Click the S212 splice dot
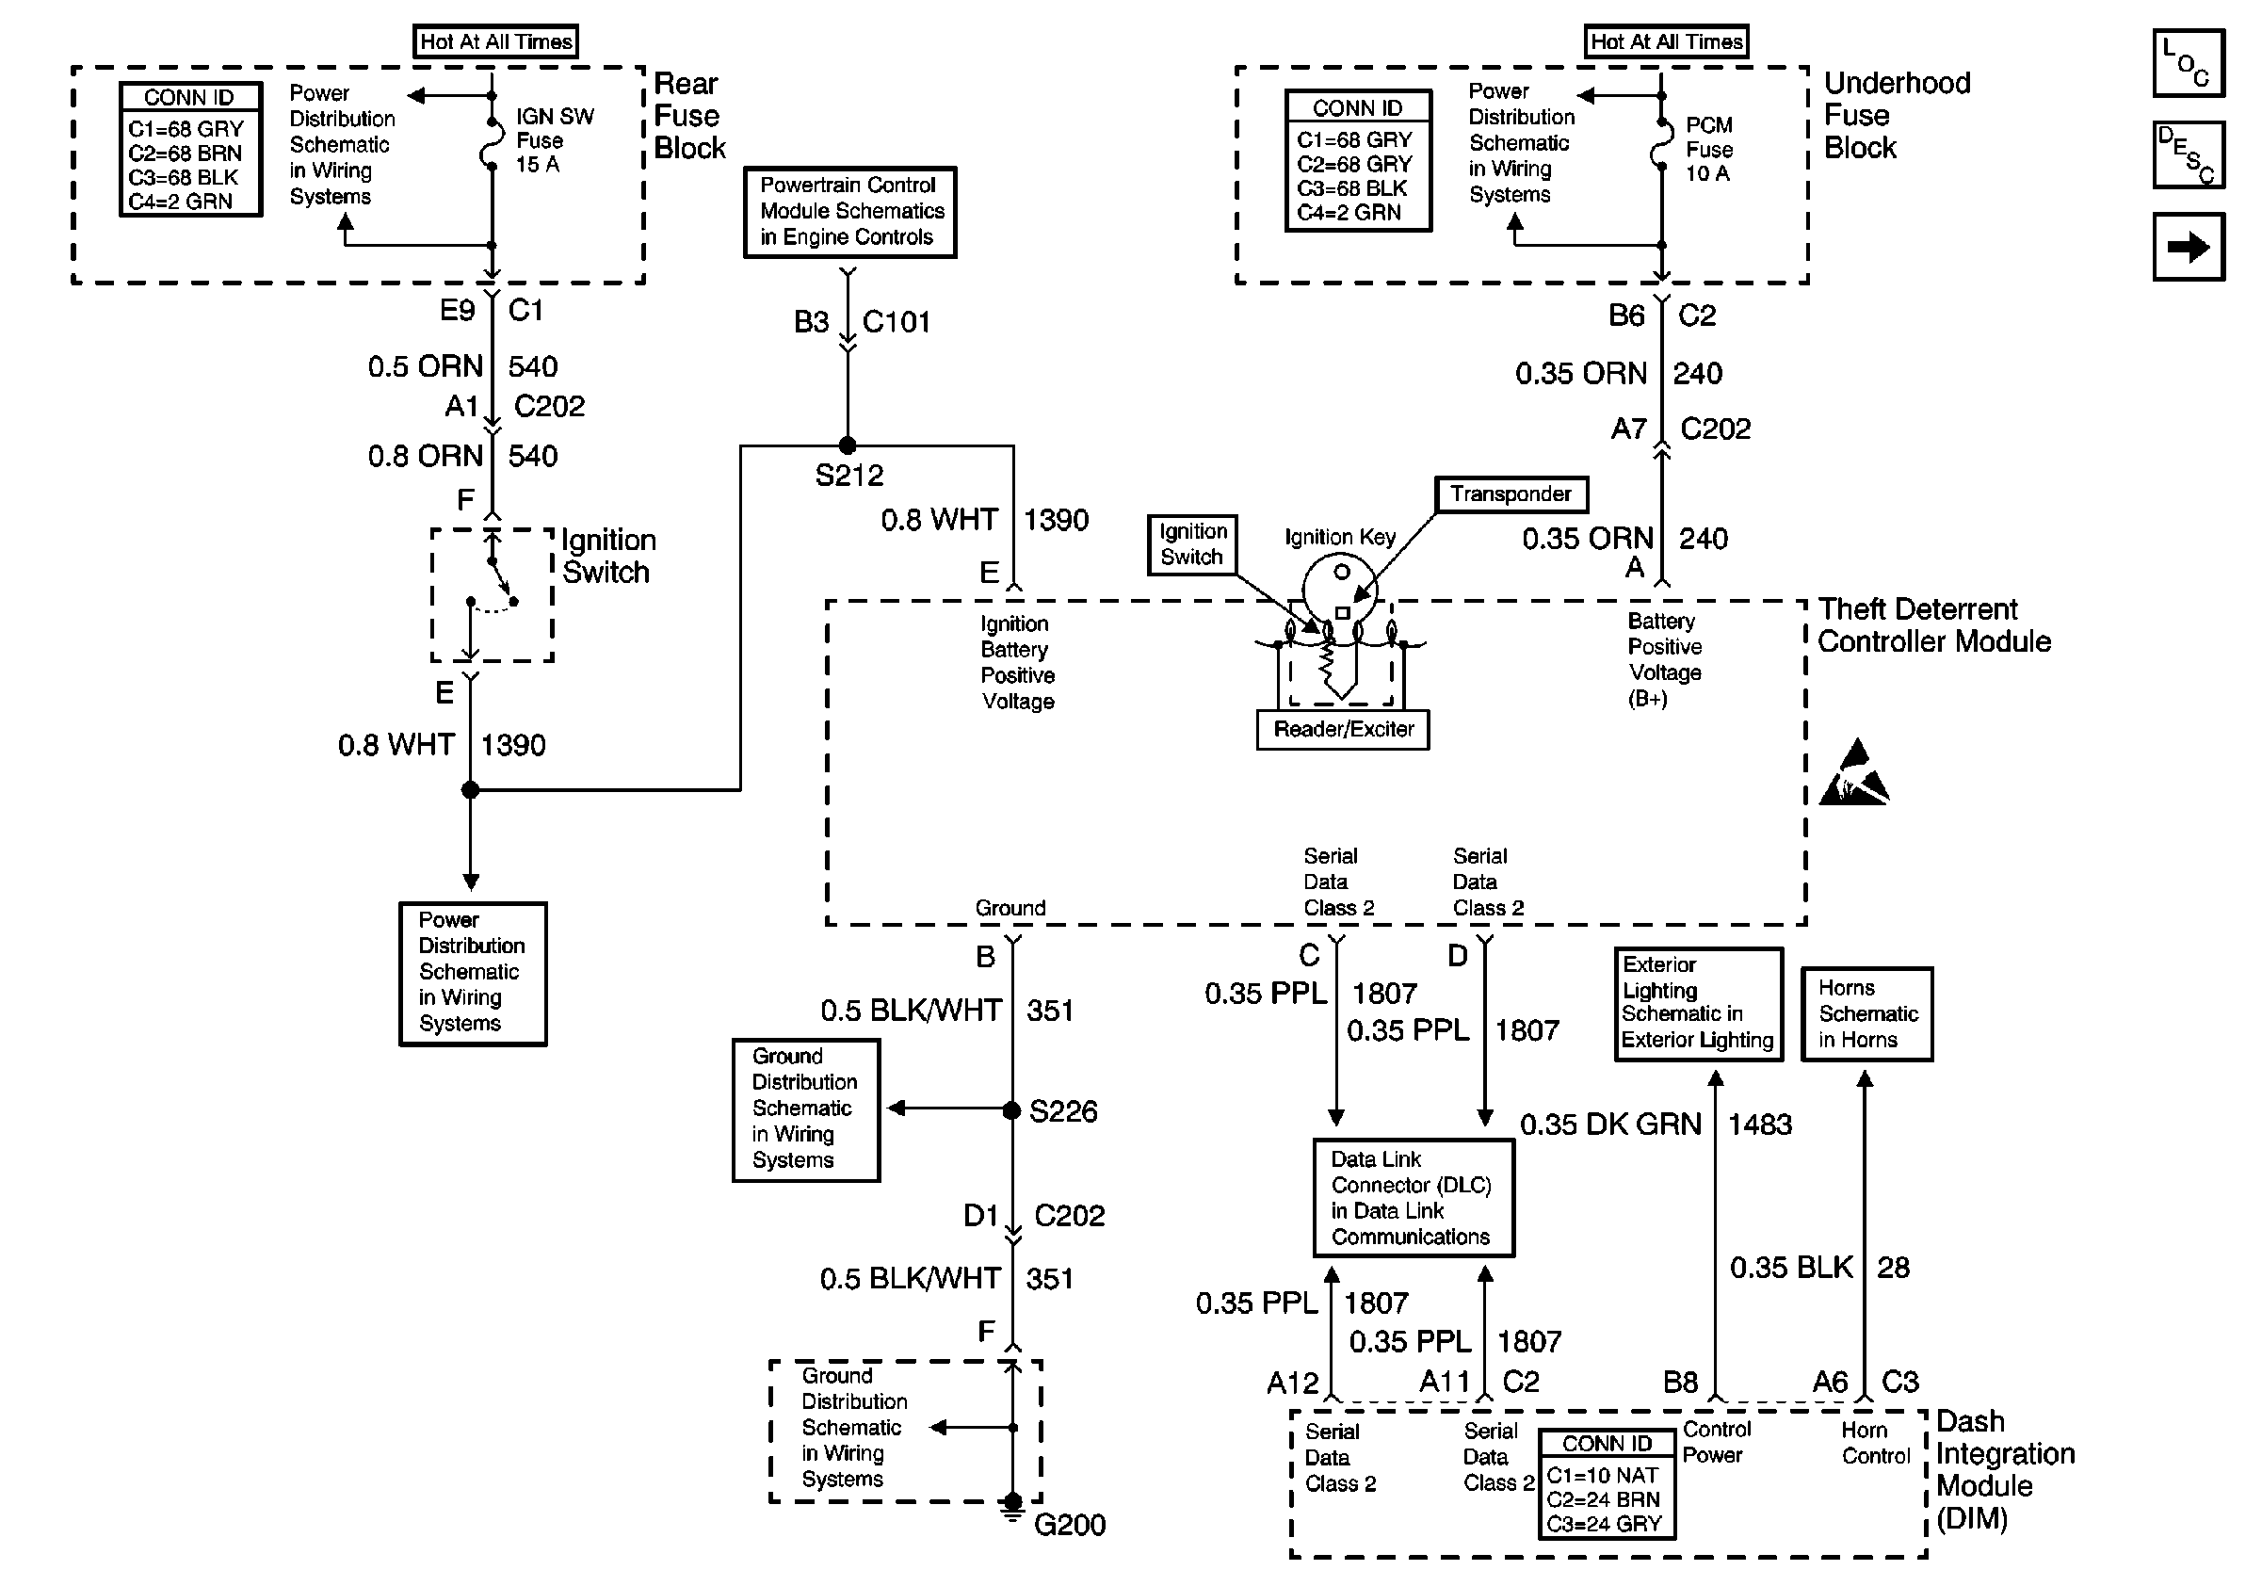[x=847, y=445]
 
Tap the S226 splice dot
[x=1011, y=1110]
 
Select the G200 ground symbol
[x=1012, y=1507]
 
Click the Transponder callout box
[x=1511, y=494]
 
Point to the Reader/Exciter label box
[x=1343, y=730]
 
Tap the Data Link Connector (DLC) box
[x=1413, y=1198]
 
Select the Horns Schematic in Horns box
[x=1866, y=1013]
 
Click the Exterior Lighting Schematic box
[x=1698, y=1004]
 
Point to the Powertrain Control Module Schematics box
[x=850, y=212]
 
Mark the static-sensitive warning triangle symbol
[x=1853, y=774]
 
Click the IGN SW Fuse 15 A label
[x=554, y=141]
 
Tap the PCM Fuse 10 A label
[x=1708, y=150]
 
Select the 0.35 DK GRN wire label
[x=1609, y=1124]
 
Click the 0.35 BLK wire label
[x=1790, y=1267]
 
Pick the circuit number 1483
[x=1759, y=1124]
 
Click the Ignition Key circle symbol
[x=1340, y=586]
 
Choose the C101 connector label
[x=896, y=322]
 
